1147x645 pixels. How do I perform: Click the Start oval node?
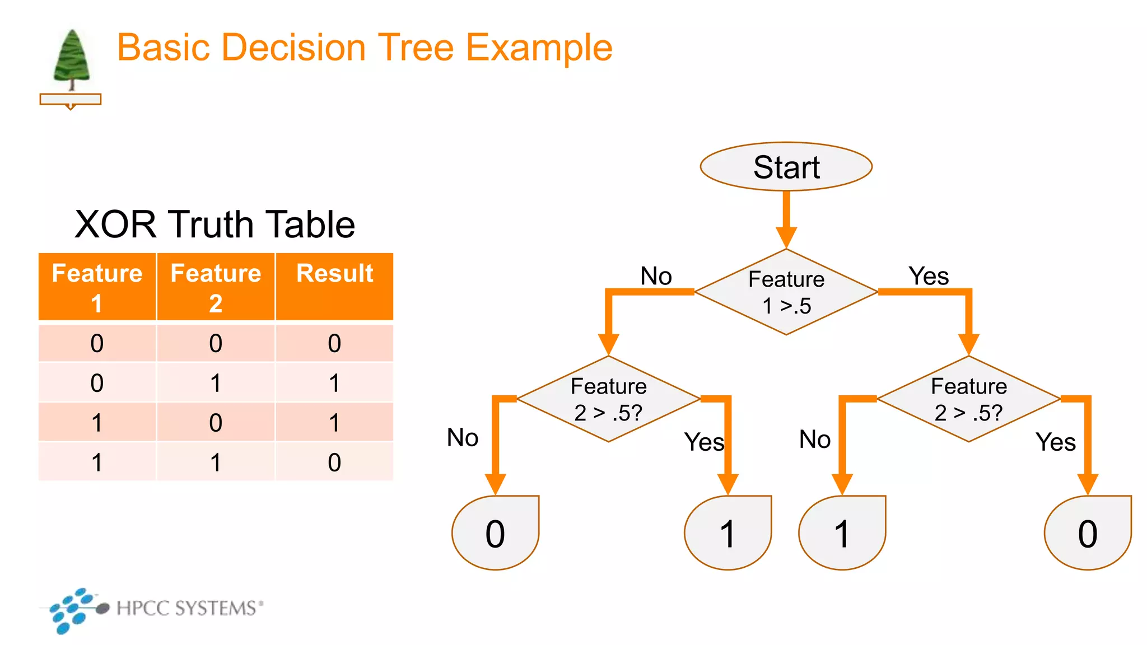[786, 167]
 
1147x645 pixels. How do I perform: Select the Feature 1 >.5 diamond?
[786, 292]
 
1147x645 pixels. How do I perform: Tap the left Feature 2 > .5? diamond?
[608, 399]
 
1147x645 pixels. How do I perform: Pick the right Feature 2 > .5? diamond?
[968, 399]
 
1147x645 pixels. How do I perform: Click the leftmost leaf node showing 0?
[495, 532]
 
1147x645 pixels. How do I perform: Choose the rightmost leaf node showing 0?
[1087, 532]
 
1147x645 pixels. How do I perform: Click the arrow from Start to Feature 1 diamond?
[786, 218]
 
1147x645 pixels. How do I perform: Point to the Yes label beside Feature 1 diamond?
[928, 276]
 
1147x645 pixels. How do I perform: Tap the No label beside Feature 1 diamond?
[656, 276]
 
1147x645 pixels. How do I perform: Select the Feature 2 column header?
[216, 287]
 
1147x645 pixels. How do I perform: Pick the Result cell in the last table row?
[334, 462]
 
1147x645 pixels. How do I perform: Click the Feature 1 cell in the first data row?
[97, 343]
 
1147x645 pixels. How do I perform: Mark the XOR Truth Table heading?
[215, 225]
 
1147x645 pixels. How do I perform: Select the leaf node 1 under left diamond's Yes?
[727, 532]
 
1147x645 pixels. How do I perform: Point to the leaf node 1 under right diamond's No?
[842, 532]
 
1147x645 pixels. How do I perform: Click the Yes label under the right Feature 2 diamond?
[1055, 442]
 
